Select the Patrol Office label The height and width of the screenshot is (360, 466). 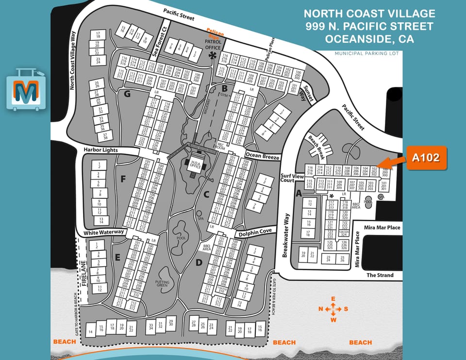click(213, 45)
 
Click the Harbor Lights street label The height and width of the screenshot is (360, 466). click(100, 150)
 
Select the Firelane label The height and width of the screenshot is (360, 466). click(83, 274)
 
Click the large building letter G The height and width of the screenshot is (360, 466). click(127, 94)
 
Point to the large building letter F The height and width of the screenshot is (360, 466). click(123, 180)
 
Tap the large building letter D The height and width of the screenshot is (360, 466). click(199, 263)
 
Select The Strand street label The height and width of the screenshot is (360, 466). click(380, 275)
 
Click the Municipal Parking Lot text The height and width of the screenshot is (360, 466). click(366, 53)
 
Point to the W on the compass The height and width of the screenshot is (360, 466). click(333, 319)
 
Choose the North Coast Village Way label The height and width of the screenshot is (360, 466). click(73, 61)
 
